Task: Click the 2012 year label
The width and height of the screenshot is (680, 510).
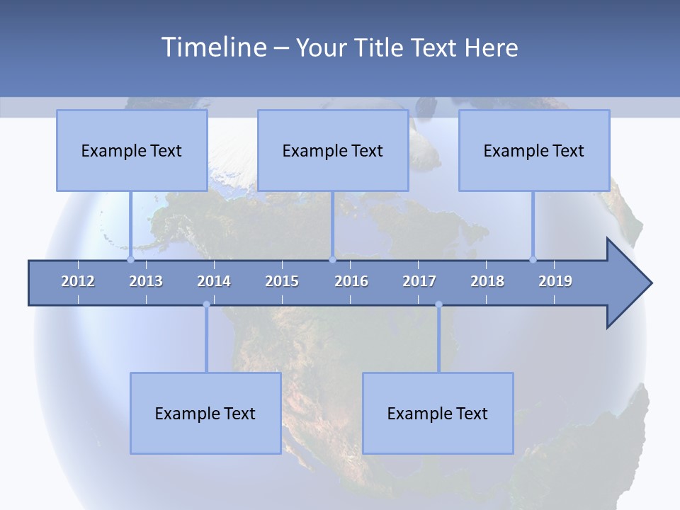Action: (78, 281)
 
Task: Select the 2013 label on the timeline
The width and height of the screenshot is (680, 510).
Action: (146, 281)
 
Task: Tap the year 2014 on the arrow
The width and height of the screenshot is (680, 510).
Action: (214, 281)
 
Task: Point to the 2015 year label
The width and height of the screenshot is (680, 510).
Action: (282, 281)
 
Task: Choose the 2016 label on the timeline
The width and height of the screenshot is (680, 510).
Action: (351, 281)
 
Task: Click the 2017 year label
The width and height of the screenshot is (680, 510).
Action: (419, 281)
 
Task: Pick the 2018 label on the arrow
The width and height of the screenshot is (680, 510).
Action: (487, 281)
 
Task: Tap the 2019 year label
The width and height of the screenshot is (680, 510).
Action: (555, 281)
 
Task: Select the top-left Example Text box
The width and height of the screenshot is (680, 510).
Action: (132, 150)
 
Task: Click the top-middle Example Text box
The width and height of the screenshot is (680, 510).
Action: (333, 150)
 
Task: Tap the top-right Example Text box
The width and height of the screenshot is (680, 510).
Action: (534, 150)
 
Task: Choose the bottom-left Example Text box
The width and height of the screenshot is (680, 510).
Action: (205, 413)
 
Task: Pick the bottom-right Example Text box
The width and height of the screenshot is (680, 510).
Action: (438, 413)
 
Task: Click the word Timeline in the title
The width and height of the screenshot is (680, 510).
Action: (212, 47)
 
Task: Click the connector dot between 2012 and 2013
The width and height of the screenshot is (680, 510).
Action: (130, 260)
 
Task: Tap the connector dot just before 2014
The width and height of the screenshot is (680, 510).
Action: (206, 305)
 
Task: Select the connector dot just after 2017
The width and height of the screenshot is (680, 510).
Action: (438, 305)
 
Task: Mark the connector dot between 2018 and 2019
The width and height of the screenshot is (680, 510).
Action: (533, 260)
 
